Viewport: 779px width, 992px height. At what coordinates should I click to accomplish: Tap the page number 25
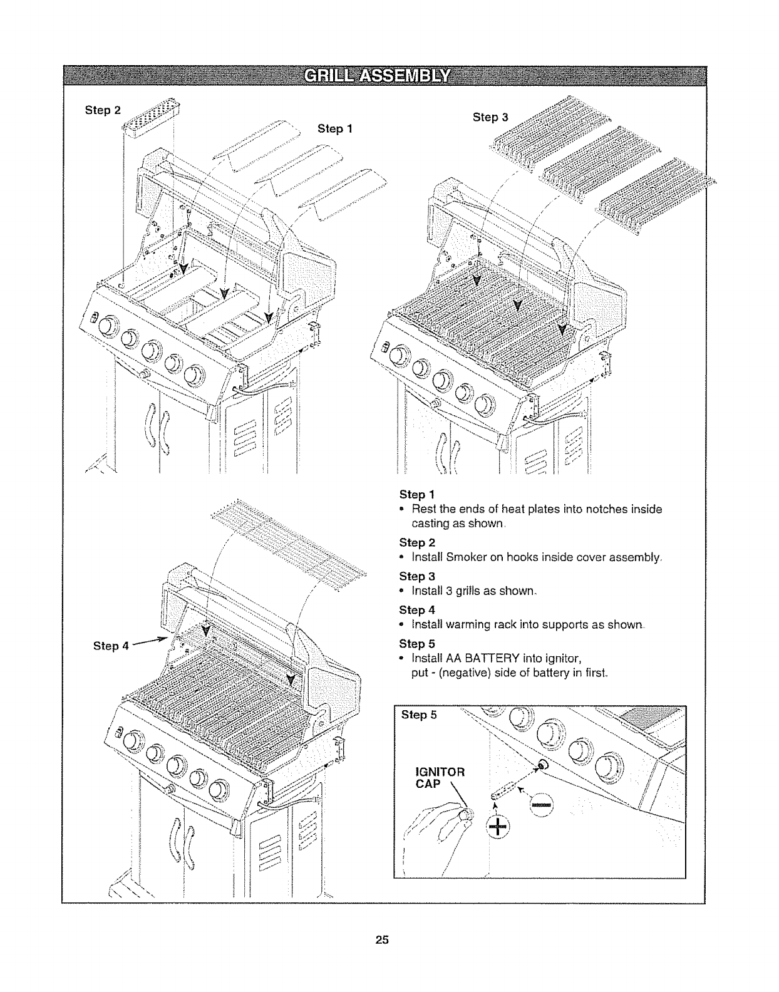[383, 939]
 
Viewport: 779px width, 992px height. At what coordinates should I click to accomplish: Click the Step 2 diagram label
[102, 111]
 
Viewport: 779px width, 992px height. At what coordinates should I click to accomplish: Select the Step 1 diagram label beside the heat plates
[335, 128]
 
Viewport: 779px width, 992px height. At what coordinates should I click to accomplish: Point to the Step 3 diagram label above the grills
[490, 117]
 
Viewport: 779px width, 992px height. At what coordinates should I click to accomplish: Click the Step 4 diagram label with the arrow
[110, 645]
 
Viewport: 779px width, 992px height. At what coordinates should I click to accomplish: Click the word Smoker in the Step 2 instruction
[467, 557]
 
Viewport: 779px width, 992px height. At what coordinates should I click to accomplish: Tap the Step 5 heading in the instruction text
[416, 643]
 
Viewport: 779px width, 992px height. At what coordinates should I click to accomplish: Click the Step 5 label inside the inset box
[418, 715]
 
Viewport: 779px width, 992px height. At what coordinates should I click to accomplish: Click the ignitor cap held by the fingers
[465, 814]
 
